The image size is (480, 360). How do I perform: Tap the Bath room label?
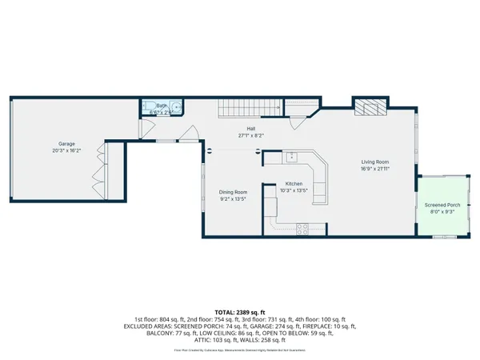[x=161, y=105]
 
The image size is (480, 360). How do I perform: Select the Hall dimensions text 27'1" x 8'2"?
[x=250, y=136]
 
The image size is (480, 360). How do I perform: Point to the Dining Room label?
[x=234, y=191]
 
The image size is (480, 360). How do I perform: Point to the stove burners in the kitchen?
[x=304, y=227]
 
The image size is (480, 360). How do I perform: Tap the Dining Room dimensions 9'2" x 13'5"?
[x=234, y=198]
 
